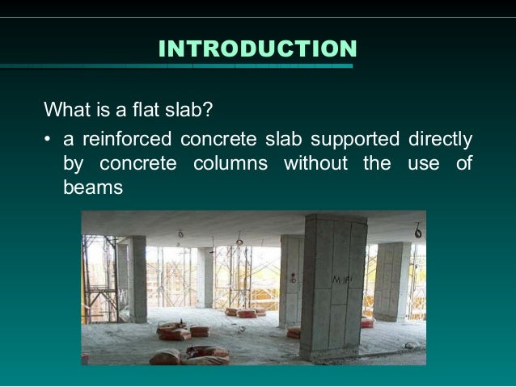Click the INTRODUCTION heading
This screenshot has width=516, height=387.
(257, 49)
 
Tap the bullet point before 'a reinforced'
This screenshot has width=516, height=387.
(49, 139)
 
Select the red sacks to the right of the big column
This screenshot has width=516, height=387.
(367, 322)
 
